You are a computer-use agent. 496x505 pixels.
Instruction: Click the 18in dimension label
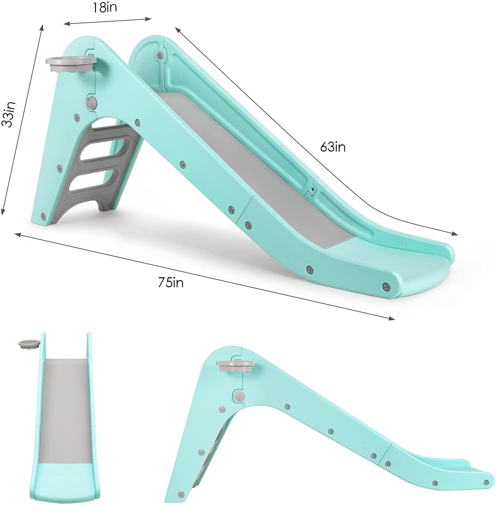point(104,8)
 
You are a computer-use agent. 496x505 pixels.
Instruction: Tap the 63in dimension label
point(333,147)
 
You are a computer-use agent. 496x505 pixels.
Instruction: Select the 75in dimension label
point(171,283)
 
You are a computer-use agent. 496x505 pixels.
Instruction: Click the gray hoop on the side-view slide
point(235,366)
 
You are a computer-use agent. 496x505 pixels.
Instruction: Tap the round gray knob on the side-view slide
point(238,396)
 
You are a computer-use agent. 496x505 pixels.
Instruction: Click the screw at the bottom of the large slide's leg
point(43,216)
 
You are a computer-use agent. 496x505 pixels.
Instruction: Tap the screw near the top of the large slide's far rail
point(160,54)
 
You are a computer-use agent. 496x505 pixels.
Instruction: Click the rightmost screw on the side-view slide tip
point(486,482)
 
